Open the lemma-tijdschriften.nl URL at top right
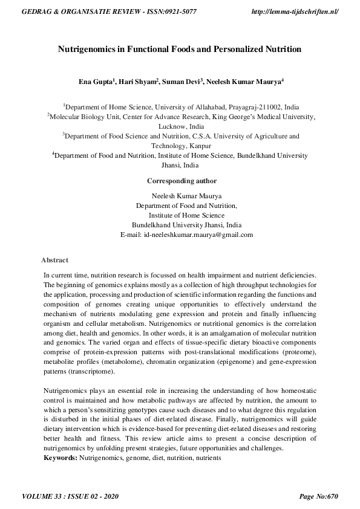[x=293, y=12]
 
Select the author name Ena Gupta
[x=96, y=81]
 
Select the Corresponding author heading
[x=182, y=181]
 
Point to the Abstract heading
[x=55, y=260]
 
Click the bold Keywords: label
[x=60, y=458]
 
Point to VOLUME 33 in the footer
[x=44, y=497]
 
